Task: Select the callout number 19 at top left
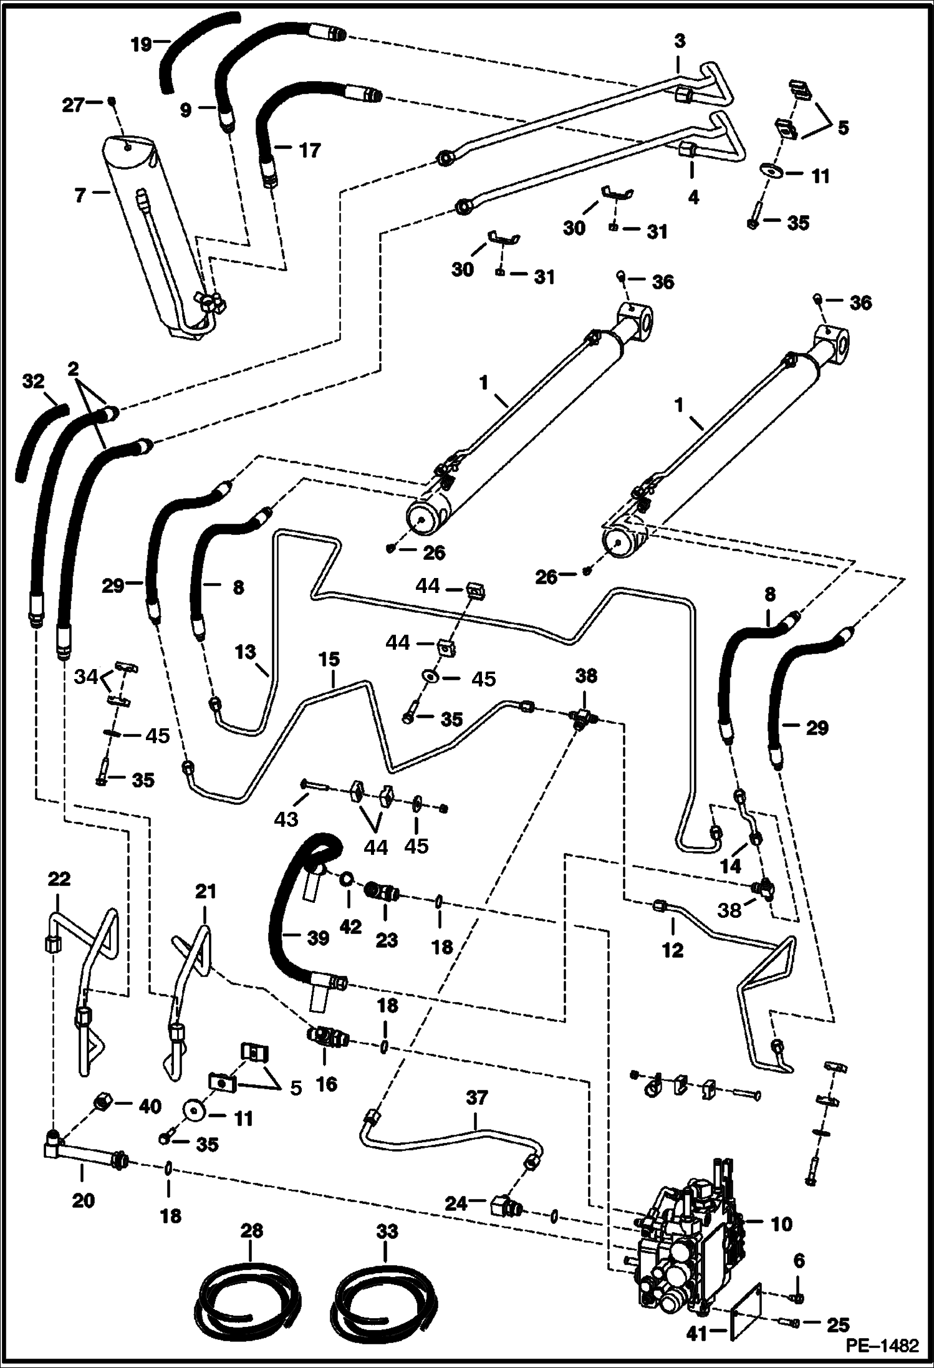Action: [142, 45]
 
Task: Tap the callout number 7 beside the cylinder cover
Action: [79, 196]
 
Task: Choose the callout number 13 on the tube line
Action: [246, 652]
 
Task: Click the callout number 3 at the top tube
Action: [680, 42]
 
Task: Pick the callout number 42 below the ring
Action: [350, 927]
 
